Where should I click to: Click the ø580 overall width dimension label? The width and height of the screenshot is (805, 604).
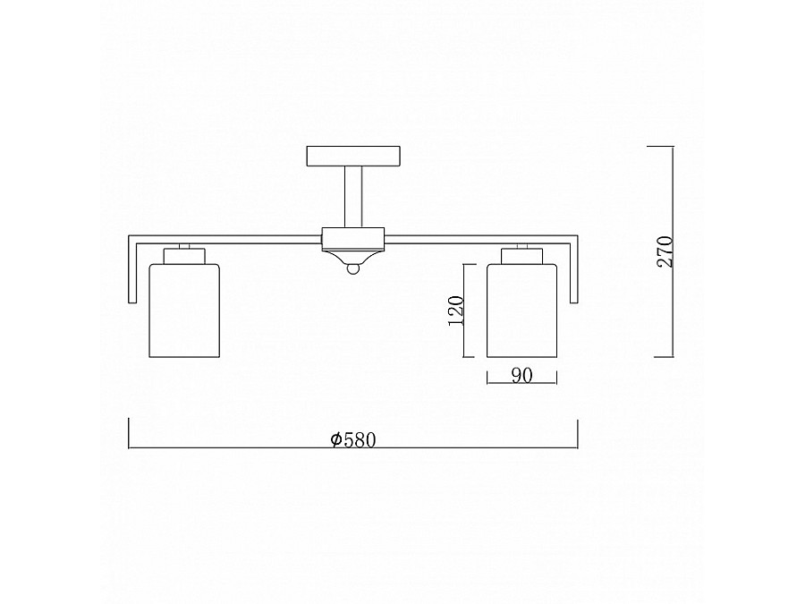click(353, 440)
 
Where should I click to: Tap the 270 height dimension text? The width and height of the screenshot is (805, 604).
click(665, 251)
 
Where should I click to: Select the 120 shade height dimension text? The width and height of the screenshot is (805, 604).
click(456, 311)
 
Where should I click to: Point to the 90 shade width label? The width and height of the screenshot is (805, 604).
click(521, 376)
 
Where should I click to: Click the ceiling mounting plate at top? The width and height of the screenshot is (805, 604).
click(353, 156)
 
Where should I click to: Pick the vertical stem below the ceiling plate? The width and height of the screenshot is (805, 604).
click(353, 197)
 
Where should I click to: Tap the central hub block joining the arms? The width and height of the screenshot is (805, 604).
click(353, 239)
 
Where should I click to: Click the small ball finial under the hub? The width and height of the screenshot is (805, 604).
click(353, 268)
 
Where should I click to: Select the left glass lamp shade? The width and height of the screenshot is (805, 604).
click(183, 311)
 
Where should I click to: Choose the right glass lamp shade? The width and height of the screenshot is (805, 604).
click(522, 311)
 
